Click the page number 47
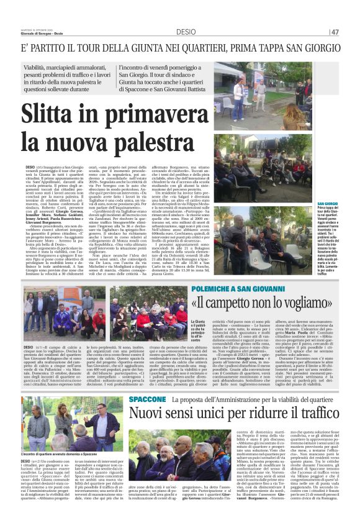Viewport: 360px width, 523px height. [335, 32]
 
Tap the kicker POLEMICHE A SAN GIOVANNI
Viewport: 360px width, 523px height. [268, 290]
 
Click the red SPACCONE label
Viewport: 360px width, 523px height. [148, 398]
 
